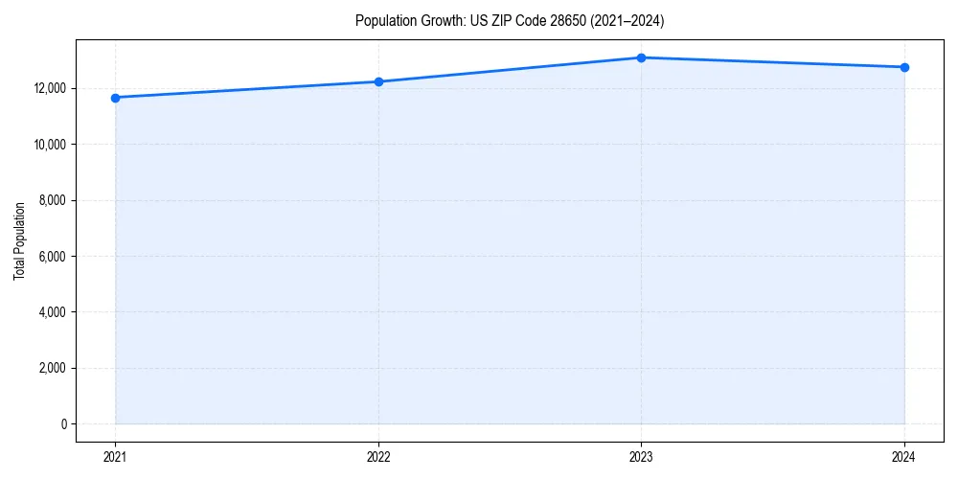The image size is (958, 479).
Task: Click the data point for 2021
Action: [115, 98]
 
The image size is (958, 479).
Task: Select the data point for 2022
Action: [378, 81]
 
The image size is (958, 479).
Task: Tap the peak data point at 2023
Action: [641, 57]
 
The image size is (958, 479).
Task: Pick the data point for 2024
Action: [904, 67]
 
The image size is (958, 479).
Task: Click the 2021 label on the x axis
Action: [115, 457]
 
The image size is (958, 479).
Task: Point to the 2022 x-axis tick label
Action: [378, 457]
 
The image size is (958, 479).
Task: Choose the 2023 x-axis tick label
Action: [641, 457]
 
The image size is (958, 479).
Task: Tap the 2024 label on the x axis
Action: [904, 457]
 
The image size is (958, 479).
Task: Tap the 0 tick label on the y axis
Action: [64, 423]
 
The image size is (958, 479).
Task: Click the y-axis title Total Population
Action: [19, 240]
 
